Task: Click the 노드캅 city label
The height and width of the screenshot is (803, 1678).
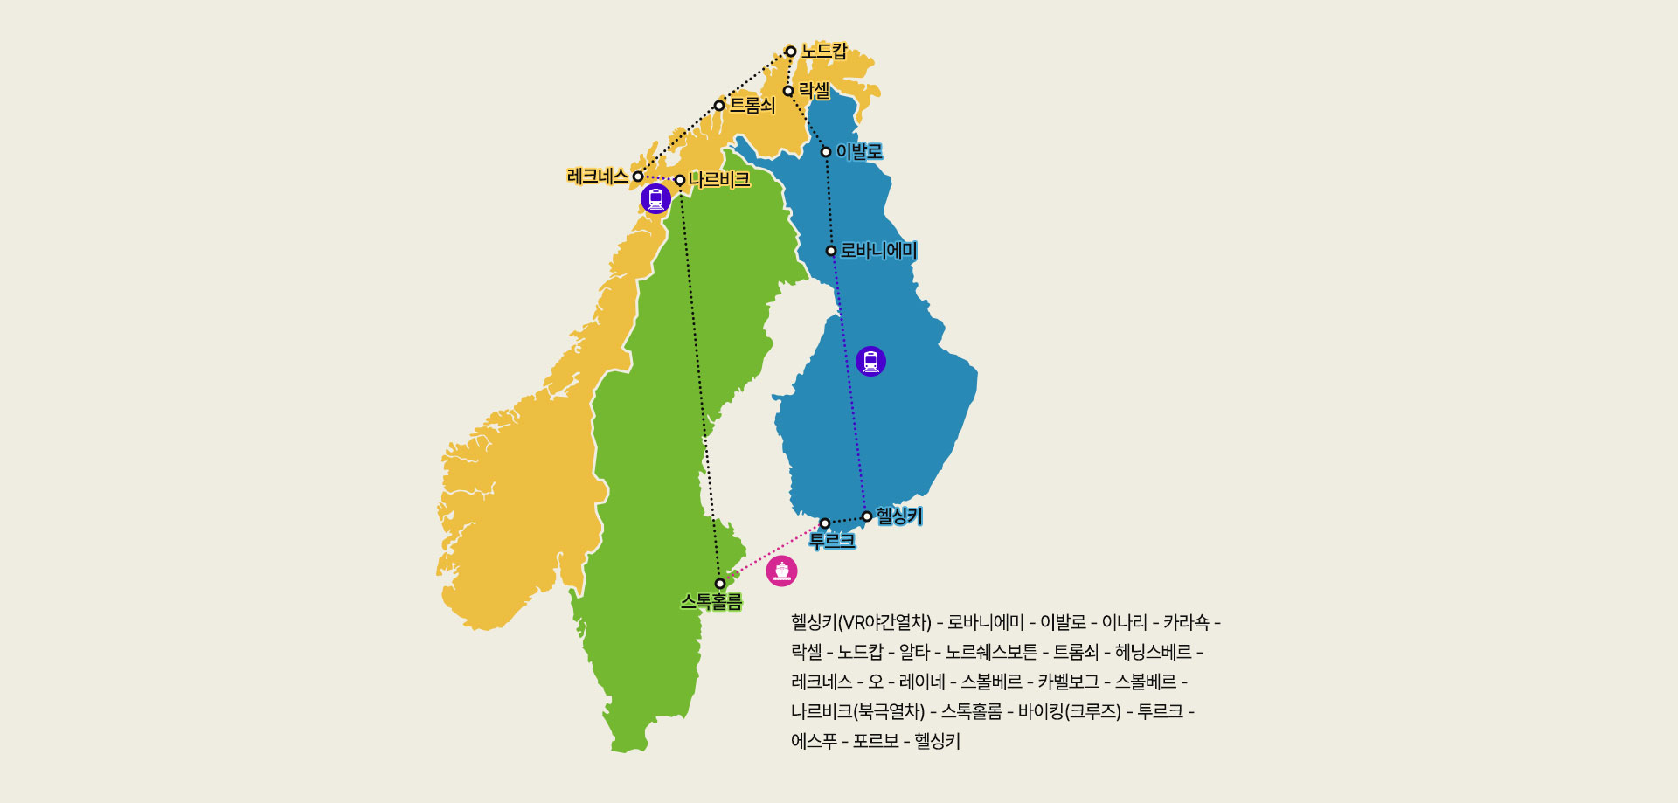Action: [x=824, y=52]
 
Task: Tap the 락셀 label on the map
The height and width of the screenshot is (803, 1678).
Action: [x=815, y=91]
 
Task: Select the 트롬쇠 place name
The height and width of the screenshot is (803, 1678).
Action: [x=752, y=106]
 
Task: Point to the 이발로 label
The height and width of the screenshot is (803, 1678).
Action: [x=859, y=152]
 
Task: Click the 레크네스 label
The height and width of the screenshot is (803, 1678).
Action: [x=598, y=177]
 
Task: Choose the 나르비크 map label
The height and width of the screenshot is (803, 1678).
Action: [x=719, y=180]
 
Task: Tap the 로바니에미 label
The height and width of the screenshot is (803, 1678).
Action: [x=878, y=251]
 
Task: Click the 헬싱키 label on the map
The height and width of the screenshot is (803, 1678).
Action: [x=899, y=516]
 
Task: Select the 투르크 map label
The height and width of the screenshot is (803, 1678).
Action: [x=832, y=541]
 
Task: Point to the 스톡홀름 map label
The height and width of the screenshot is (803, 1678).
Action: [x=711, y=602]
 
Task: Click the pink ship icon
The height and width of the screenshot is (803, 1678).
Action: [x=782, y=571]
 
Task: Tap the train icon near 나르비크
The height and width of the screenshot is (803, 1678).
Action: [x=655, y=199]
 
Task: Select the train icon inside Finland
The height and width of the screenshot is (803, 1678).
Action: [x=870, y=361]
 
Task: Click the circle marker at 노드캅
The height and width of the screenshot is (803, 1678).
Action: [x=791, y=52]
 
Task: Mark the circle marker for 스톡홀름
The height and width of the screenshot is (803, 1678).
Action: [x=720, y=584]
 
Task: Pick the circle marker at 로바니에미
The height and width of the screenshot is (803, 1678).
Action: [x=831, y=251]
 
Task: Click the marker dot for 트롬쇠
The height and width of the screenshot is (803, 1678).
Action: [x=719, y=106]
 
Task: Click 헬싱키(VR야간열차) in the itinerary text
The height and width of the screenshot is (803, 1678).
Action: [x=861, y=623]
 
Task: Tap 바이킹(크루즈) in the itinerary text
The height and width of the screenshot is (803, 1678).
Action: [x=1069, y=712]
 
